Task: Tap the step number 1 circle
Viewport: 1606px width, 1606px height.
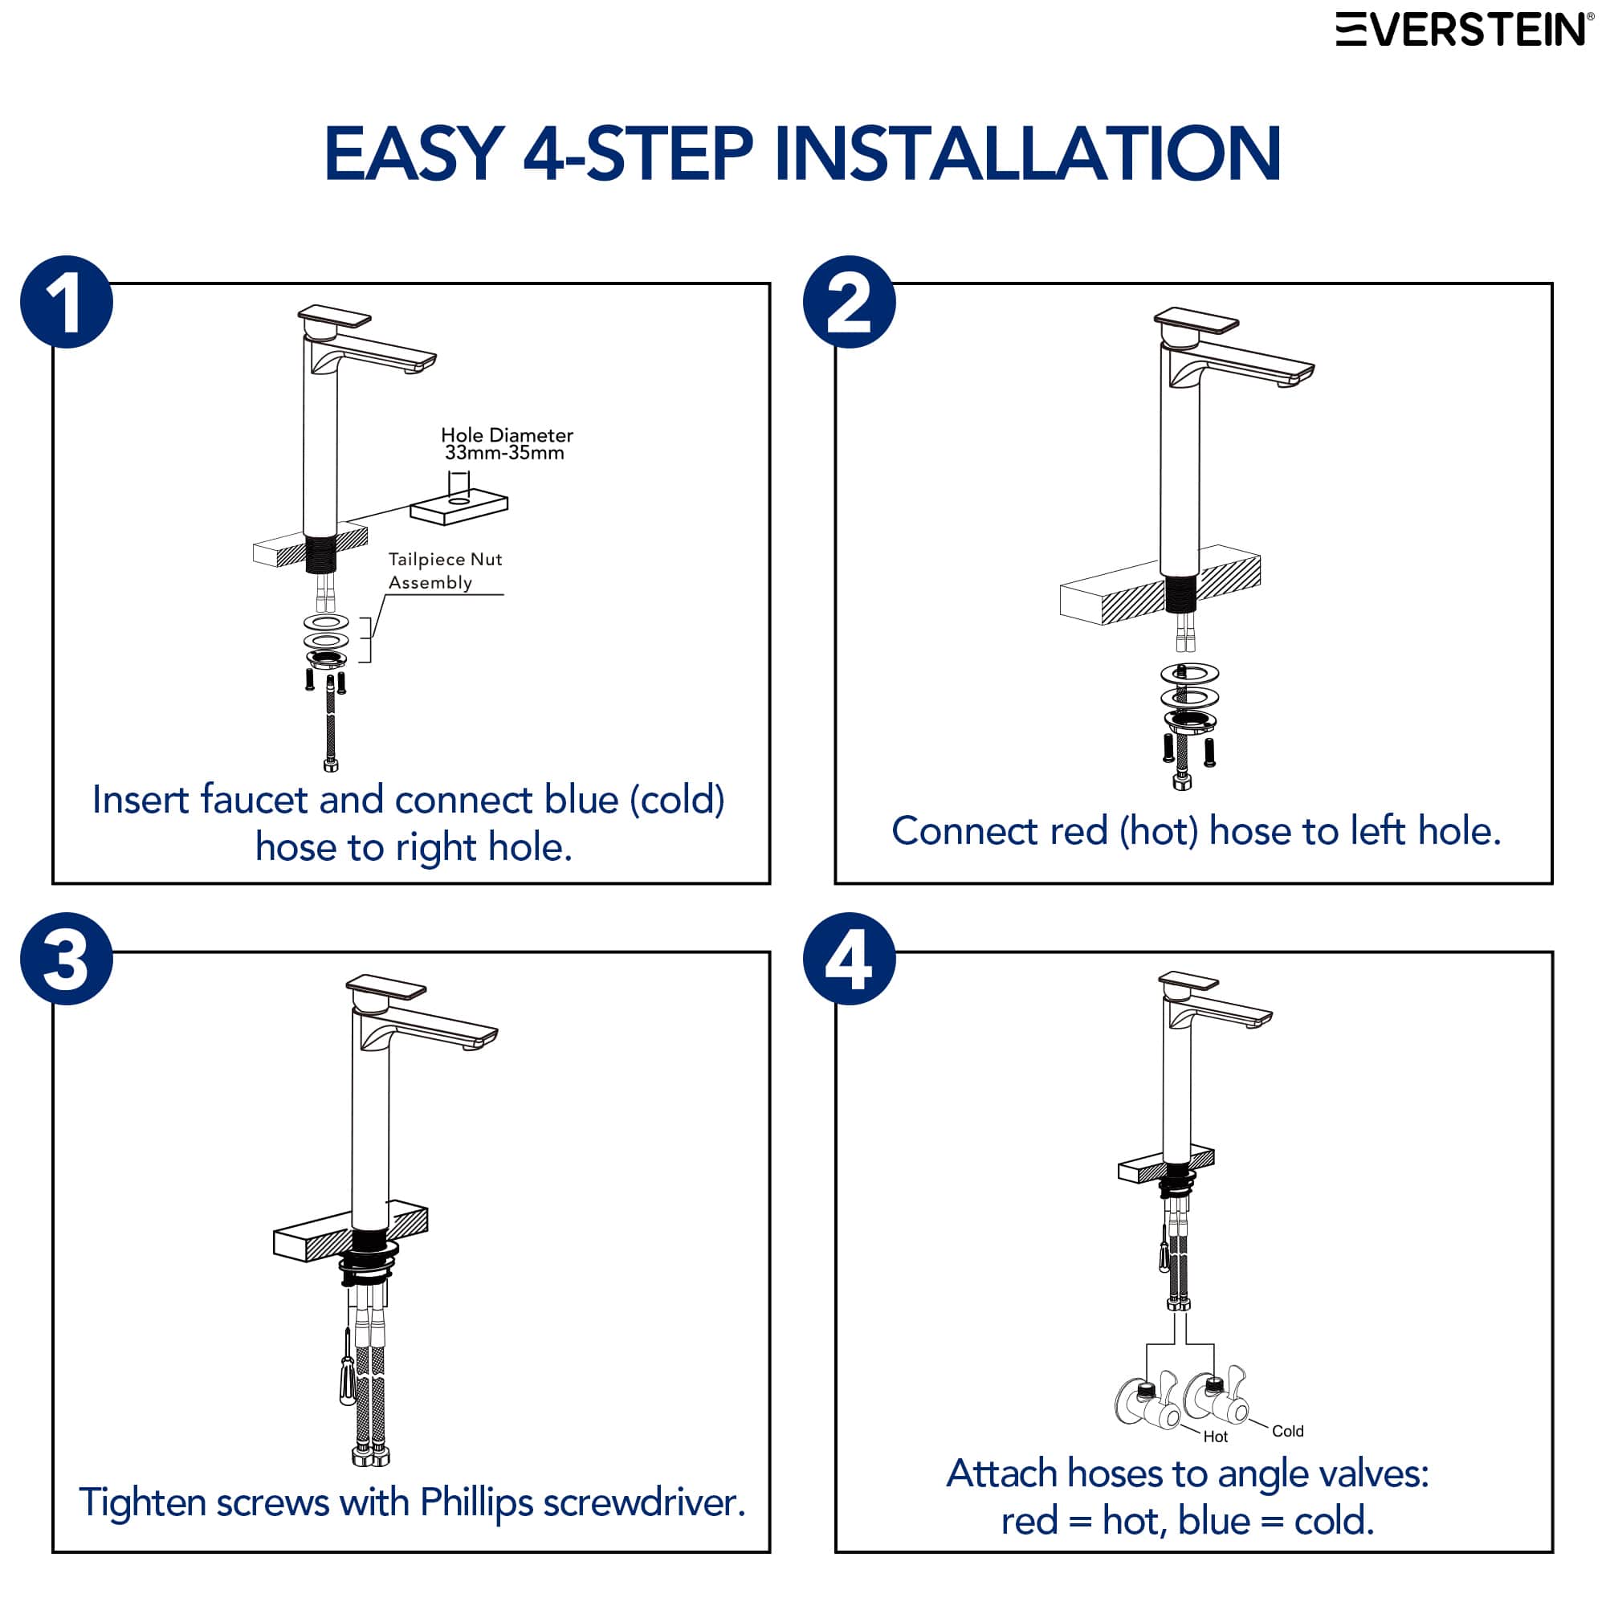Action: click(x=67, y=302)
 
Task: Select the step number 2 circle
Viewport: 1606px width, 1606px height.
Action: click(x=850, y=302)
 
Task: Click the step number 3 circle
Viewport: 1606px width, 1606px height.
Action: click(x=67, y=960)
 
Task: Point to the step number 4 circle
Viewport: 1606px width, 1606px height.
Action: click(x=850, y=960)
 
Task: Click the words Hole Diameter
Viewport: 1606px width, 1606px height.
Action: click(x=507, y=434)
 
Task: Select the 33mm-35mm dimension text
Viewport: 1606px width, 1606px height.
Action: click(x=504, y=453)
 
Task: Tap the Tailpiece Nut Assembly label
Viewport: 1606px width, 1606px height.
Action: click(x=446, y=570)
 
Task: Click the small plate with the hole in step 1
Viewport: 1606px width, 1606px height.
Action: click(x=458, y=506)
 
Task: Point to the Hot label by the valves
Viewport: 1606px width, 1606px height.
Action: click(x=1215, y=1437)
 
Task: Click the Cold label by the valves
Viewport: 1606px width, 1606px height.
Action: click(x=1288, y=1431)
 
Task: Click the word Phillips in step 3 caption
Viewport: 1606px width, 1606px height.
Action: click(x=476, y=1502)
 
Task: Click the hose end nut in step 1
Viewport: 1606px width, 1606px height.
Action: click(x=331, y=764)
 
